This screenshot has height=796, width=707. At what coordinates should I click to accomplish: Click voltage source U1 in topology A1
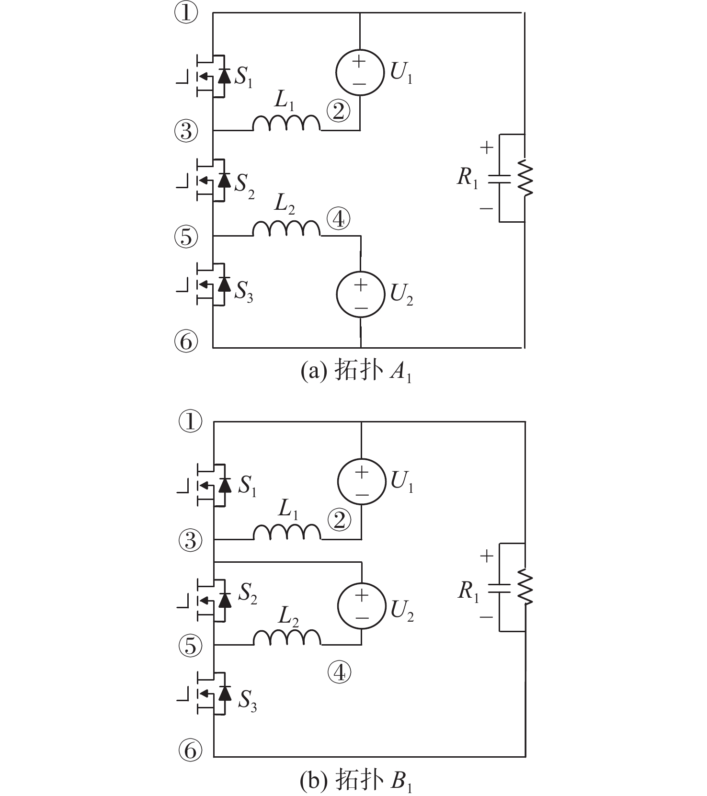[x=360, y=72]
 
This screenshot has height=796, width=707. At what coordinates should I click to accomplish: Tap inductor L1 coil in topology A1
[x=286, y=124]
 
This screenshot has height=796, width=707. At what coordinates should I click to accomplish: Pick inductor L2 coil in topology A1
[x=286, y=229]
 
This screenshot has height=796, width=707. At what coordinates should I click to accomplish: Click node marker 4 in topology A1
[x=339, y=219]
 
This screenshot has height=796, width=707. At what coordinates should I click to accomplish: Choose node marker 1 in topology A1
[x=186, y=13]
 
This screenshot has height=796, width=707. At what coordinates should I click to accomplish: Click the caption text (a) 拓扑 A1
[x=356, y=371]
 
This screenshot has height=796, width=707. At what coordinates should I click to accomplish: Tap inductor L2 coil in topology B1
[x=286, y=638]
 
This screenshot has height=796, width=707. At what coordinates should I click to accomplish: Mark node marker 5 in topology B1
[x=191, y=646]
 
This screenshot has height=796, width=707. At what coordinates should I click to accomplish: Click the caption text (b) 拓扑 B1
[x=356, y=781]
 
